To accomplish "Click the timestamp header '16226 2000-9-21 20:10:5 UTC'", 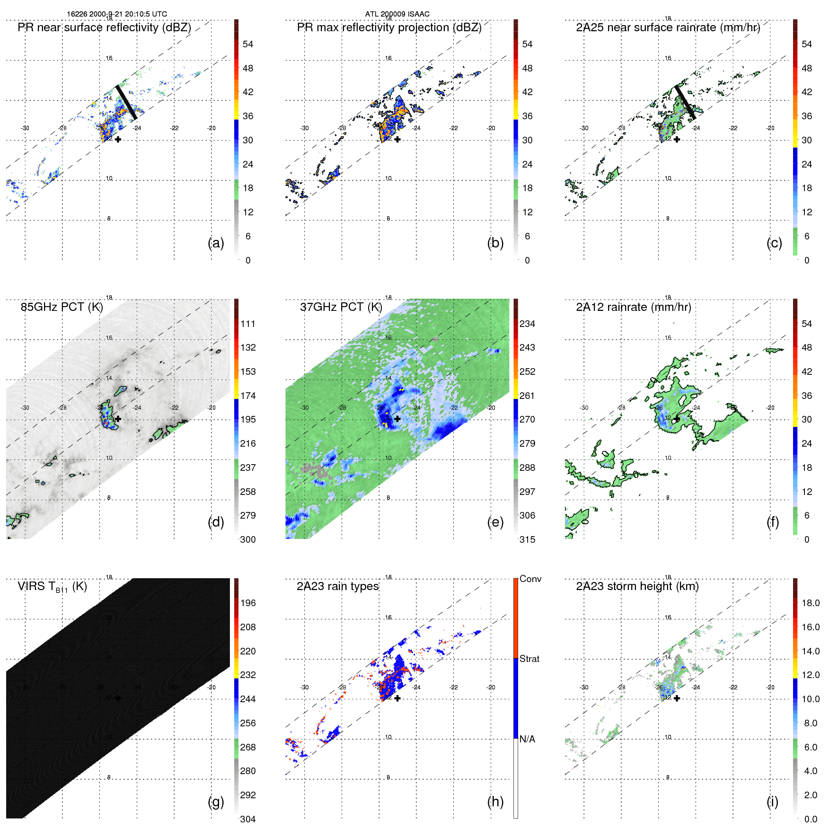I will click(x=116, y=14).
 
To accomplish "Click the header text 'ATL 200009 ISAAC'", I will click(x=397, y=14).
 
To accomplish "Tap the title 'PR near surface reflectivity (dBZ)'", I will click(x=104, y=27).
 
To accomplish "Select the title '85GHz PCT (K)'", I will click(x=62, y=307).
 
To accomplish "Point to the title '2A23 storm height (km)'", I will click(x=637, y=586).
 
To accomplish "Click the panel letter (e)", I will click(x=495, y=522).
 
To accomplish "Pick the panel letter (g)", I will click(x=216, y=802).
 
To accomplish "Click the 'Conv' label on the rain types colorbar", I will click(x=530, y=579).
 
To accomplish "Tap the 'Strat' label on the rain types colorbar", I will click(x=529, y=659).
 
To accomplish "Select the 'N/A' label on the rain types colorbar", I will click(x=527, y=739).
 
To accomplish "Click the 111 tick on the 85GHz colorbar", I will click(x=248, y=324).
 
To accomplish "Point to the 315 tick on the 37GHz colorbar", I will click(x=527, y=539).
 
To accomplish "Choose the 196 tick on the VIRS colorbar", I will click(x=248, y=603).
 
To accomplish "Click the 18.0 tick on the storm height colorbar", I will click(x=810, y=603).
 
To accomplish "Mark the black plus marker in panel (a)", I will click(x=118, y=139).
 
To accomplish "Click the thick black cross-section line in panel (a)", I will click(x=127, y=102).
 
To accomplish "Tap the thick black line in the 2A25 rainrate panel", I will click(x=685, y=102).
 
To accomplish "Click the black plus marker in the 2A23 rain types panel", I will click(x=397, y=698).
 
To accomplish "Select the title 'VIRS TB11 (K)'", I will click(x=52, y=587).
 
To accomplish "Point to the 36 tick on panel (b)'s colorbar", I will click(x=527, y=116).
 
